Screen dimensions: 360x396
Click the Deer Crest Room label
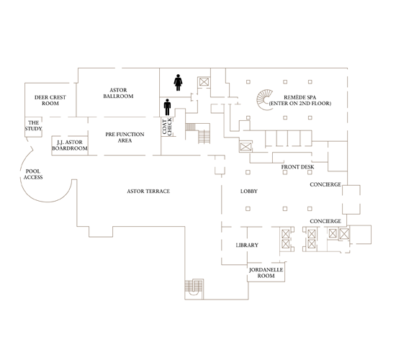click(x=40, y=99)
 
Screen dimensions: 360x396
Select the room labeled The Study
click(x=34, y=126)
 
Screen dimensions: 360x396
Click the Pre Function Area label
click(x=124, y=137)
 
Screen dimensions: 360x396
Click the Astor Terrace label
click(x=153, y=191)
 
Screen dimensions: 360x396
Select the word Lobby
click(x=250, y=192)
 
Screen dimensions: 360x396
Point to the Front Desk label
click(x=297, y=167)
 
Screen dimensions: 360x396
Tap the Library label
click(x=247, y=246)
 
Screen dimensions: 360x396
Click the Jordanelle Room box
click(x=262, y=273)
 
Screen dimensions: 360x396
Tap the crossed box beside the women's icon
click(x=204, y=82)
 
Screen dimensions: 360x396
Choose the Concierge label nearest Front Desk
click(x=325, y=184)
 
